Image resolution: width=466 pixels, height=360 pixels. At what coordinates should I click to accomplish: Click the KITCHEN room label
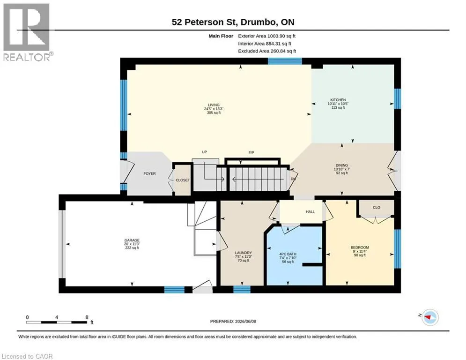338,100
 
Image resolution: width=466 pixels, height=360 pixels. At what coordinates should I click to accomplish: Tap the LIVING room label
214,105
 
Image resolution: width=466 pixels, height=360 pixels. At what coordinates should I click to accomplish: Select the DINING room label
342,165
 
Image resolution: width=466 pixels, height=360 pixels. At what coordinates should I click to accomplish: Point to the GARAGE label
132,240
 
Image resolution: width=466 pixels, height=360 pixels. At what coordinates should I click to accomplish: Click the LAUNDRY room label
244,253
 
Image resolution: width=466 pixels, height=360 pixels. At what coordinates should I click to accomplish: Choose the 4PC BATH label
288,254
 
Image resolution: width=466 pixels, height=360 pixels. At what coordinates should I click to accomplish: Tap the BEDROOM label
360,247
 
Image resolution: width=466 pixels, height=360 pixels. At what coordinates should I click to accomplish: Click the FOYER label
149,173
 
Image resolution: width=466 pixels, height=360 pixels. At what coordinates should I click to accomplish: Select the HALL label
310,212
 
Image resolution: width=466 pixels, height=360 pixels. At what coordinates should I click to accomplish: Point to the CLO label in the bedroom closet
377,208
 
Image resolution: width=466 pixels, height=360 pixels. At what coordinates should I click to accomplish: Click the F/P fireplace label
251,153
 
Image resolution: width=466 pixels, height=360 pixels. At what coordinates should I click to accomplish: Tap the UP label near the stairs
204,152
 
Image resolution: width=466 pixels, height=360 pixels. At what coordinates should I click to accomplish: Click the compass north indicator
430,317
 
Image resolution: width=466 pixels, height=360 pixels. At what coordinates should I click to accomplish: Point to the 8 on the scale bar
87,317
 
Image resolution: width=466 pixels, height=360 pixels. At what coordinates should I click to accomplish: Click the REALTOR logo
27,32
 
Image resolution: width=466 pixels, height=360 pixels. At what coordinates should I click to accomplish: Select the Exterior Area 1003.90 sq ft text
267,36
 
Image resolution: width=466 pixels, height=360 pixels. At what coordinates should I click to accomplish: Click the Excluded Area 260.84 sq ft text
267,51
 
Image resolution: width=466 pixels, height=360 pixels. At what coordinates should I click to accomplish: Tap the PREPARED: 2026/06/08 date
233,321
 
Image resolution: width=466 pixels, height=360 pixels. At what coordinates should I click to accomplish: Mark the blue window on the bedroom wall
397,249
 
